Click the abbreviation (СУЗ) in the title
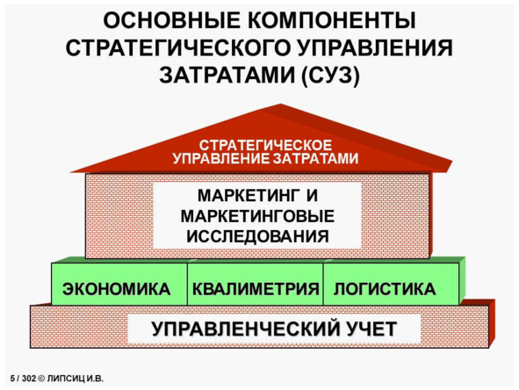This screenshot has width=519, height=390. click(x=330, y=76)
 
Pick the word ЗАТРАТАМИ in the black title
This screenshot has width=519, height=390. click(x=227, y=76)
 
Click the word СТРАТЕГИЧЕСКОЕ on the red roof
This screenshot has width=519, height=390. click(x=265, y=145)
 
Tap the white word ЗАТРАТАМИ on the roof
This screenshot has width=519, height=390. click(x=315, y=159)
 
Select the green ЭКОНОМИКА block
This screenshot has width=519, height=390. click(x=119, y=284)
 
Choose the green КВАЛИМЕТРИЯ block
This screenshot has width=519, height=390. click(x=256, y=284)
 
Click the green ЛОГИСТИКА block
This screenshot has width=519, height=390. click(x=391, y=284)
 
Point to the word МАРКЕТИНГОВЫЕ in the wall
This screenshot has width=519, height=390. click(x=257, y=216)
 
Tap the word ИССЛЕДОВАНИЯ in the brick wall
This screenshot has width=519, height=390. click(x=258, y=236)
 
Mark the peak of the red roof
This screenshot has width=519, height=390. click(x=281, y=105)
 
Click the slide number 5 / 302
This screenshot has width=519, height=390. click(x=23, y=379)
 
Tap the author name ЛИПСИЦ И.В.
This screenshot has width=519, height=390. click(x=76, y=379)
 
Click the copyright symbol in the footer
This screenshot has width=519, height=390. click(x=41, y=379)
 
